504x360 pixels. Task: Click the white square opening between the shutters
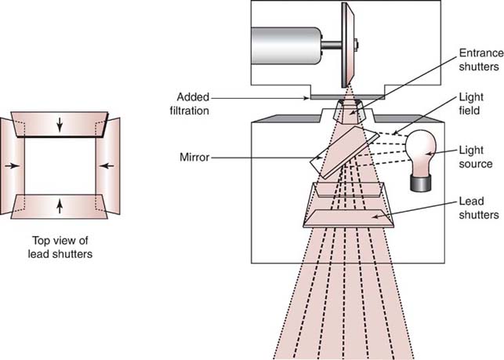click(63, 165)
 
